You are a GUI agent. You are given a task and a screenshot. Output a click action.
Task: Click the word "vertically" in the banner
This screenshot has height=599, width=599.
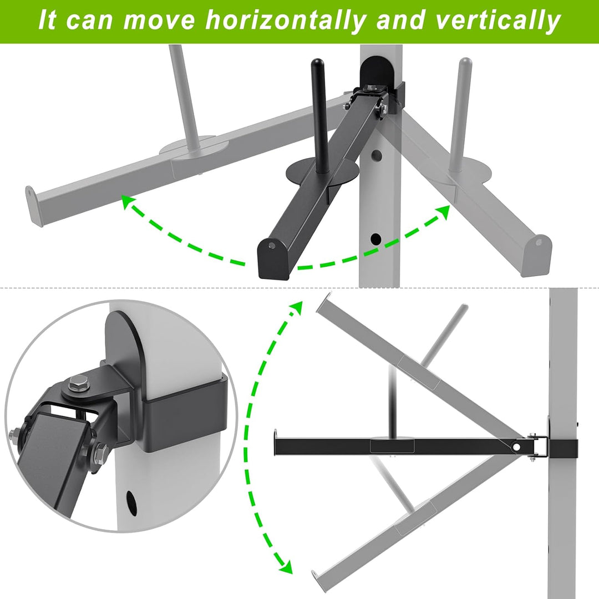pyautogui.click(x=498, y=21)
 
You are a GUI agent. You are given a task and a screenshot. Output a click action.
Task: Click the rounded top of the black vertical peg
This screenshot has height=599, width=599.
pyautogui.click(x=317, y=63)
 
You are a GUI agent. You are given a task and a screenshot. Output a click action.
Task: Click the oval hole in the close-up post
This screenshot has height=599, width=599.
pyautogui.click(x=131, y=501)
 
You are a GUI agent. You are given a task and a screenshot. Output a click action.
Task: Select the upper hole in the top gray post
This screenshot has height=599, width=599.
pyautogui.click(x=377, y=155)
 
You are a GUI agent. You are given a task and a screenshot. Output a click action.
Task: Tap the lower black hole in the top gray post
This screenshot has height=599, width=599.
pyautogui.click(x=376, y=240)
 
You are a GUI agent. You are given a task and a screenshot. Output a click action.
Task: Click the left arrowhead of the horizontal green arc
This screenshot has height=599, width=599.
pyautogui.click(x=128, y=201)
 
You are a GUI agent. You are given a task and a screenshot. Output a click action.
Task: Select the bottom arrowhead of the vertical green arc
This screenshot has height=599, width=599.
pyautogui.click(x=286, y=567)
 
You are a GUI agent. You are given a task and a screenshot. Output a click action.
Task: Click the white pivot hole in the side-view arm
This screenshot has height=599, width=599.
pyautogui.click(x=516, y=446)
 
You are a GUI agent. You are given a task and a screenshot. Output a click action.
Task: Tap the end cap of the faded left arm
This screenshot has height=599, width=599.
pyautogui.click(x=34, y=206)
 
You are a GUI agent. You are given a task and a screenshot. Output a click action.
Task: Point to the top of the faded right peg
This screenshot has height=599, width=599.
pyautogui.click(x=465, y=62)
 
